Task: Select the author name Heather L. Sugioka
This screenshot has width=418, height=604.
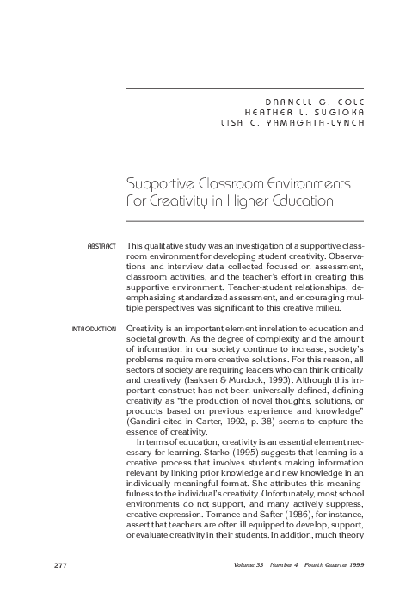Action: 304,112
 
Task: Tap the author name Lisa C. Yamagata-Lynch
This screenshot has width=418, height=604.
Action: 292,122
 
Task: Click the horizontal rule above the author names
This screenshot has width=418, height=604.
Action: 245,88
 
